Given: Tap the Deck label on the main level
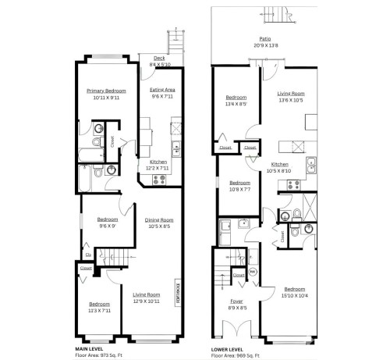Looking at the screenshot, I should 158,57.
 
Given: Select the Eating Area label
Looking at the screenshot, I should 162,90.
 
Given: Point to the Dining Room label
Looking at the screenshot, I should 159,220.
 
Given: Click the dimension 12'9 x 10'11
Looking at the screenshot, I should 146,301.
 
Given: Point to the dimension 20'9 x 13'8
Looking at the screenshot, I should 266,45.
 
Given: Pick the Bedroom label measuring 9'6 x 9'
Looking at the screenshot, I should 108,220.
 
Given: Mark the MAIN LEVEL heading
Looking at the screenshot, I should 90,348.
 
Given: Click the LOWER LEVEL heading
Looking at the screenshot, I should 228,348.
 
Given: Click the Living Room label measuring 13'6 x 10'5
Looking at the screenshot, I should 292,93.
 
